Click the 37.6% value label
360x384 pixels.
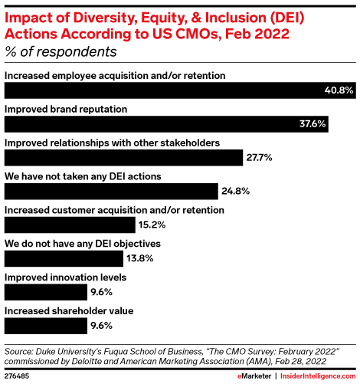[x=313, y=124]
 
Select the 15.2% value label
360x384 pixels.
[x=151, y=225]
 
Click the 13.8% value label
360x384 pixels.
[x=139, y=258]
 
